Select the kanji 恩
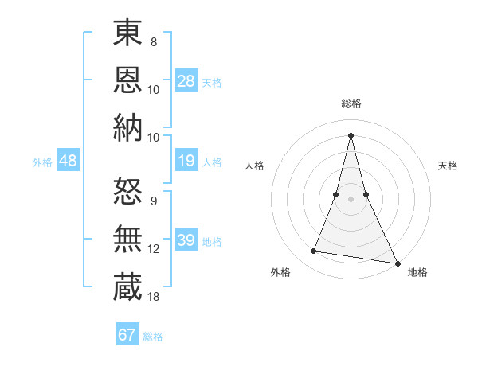(127, 80)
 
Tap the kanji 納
(127, 127)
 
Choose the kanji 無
(127, 239)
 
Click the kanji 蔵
(127, 286)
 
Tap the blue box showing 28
(186, 80)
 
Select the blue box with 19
(186, 162)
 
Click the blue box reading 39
(186, 240)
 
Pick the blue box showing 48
(69, 161)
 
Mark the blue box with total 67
(127, 335)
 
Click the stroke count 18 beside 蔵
(153, 297)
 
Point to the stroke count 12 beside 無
(153, 249)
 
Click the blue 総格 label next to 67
(153, 337)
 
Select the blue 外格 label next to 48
(42, 162)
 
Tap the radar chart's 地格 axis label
(417, 272)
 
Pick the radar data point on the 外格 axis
(314, 251)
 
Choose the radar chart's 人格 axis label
(254, 166)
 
